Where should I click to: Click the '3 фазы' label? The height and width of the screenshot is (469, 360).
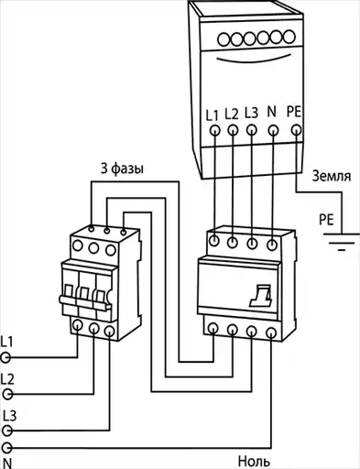pos(122,169)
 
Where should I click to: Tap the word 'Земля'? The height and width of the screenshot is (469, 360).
pos(332,177)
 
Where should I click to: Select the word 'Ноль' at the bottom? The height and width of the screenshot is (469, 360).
pos(254,462)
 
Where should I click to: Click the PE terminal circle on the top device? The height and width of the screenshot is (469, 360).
pos(296,130)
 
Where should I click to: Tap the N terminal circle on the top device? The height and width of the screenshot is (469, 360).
pos(273,131)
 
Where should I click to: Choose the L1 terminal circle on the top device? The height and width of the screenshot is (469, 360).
pos(215,131)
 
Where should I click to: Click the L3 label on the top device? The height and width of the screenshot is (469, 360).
pos(251,113)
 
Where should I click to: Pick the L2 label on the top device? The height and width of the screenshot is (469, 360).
pos(232,114)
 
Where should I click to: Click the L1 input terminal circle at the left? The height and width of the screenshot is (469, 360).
pos(5,357)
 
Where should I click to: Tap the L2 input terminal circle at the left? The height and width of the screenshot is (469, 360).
pos(7,395)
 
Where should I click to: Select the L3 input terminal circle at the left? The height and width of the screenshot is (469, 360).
pos(7,431)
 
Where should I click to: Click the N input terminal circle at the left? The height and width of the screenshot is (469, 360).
pos(7,448)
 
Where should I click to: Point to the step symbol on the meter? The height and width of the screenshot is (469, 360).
pos(260,296)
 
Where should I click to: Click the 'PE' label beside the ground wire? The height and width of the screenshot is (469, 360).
pos(326,220)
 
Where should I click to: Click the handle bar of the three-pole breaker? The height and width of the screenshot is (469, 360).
pos(84,303)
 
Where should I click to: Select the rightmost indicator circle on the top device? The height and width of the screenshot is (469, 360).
pos(289,37)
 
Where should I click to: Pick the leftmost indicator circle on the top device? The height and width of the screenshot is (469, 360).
pos(224,40)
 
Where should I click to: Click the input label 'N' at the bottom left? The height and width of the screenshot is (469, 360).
pos(6,464)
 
